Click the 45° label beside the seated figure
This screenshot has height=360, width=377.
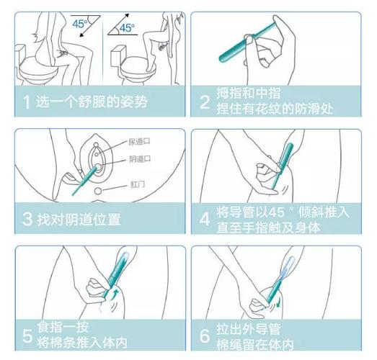79,23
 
